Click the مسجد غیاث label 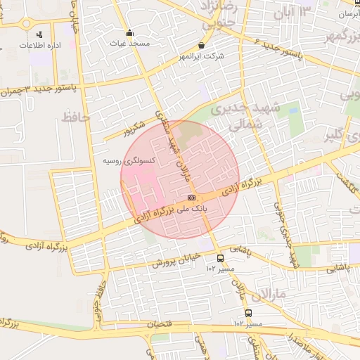130,44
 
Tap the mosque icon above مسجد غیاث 130,32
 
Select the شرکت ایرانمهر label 202,56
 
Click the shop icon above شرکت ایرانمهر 202,45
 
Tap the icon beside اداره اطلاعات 39,34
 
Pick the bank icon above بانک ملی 191,198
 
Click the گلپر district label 337,136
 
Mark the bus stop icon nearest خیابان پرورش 221,259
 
